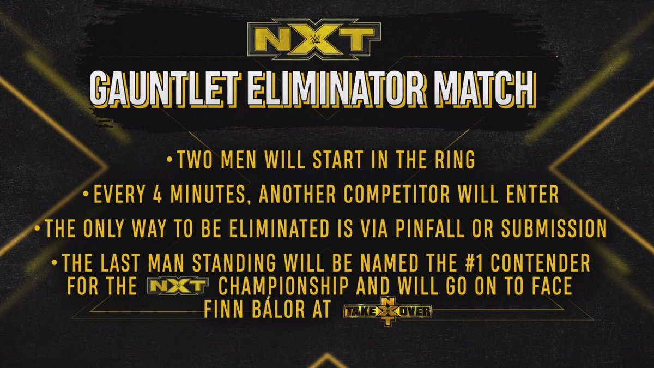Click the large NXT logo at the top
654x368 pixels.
coord(314,39)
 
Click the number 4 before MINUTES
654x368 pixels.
coord(158,194)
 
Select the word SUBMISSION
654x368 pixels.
coord(554,228)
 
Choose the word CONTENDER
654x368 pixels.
coord(541,263)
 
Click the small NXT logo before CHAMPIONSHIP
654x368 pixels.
coord(178,285)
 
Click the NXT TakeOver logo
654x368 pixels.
coord(387,311)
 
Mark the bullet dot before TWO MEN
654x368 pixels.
coord(169,160)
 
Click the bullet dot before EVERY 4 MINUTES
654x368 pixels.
coord(86,194)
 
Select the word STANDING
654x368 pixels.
coord(234,263)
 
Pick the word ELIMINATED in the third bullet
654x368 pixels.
coord(280,228)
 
